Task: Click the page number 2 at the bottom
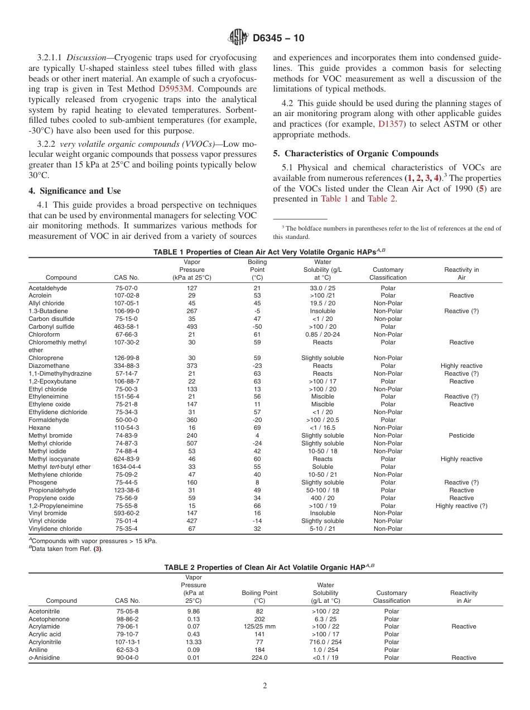pyautogui.click(x=265, y=686)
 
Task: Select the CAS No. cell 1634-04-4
pyautogui.click(x=127, y=467)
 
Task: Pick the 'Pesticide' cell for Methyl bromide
pyautogui.click(x=461, y=435)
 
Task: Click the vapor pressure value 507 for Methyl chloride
pyautogui.click(x=192, y=443)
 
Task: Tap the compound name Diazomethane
pyautogui.click(x=49, y=366)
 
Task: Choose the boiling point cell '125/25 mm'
pyautogui.click(x=259, y=626)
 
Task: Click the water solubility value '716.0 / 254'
pyautogui.click(x=326, y=642)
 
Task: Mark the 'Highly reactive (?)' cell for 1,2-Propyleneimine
pyautogui.click(x=461, y=506)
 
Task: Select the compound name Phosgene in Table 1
pyautogui.click(x=42, y=482)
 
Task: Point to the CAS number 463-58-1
pyautogui.click(x=127, y=327)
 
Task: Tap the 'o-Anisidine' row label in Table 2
pyautogui.click(x=44, y=658)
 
